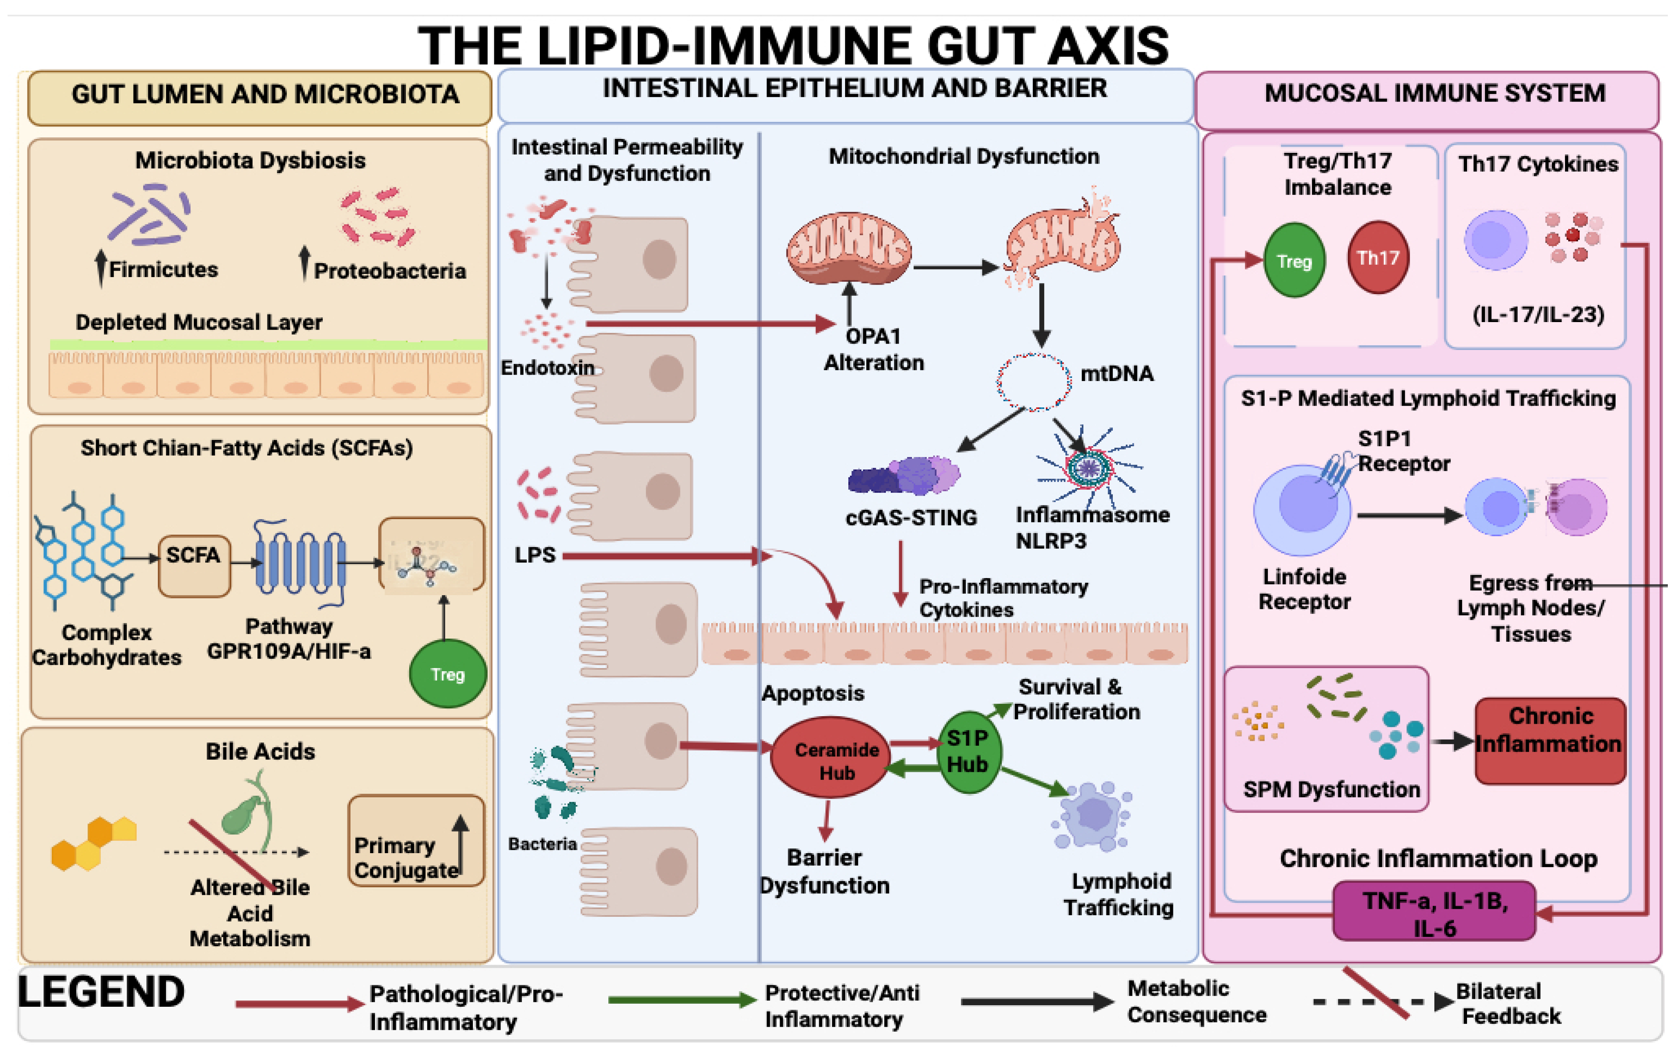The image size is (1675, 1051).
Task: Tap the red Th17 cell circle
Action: coord(1378,258)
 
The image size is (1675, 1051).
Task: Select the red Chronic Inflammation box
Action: coord(1550,741)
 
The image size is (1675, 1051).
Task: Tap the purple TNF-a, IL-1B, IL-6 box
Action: coord(1434,910)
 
